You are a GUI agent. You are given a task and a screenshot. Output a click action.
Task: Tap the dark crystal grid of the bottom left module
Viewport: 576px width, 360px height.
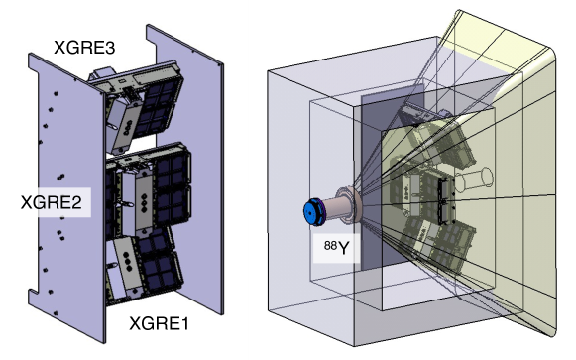coord(163,263)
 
